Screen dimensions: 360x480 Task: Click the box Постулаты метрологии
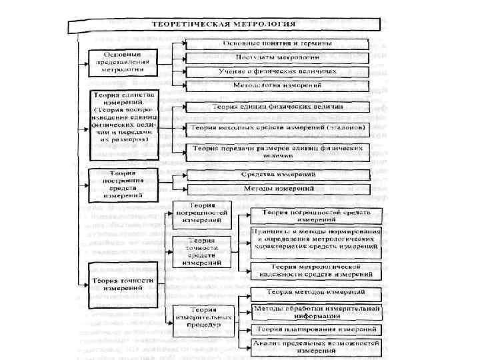277,57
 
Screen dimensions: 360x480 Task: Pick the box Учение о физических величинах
277,71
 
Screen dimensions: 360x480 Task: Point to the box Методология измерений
277,85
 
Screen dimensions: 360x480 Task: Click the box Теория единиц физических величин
277,107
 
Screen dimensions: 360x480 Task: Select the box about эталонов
277,127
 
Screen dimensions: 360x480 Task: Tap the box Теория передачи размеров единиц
277,151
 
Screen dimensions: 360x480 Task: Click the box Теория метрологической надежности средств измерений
316,270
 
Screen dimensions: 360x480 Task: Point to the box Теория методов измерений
316,293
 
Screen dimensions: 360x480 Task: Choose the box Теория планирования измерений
316,329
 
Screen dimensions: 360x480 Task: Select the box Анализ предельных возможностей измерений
316,346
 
